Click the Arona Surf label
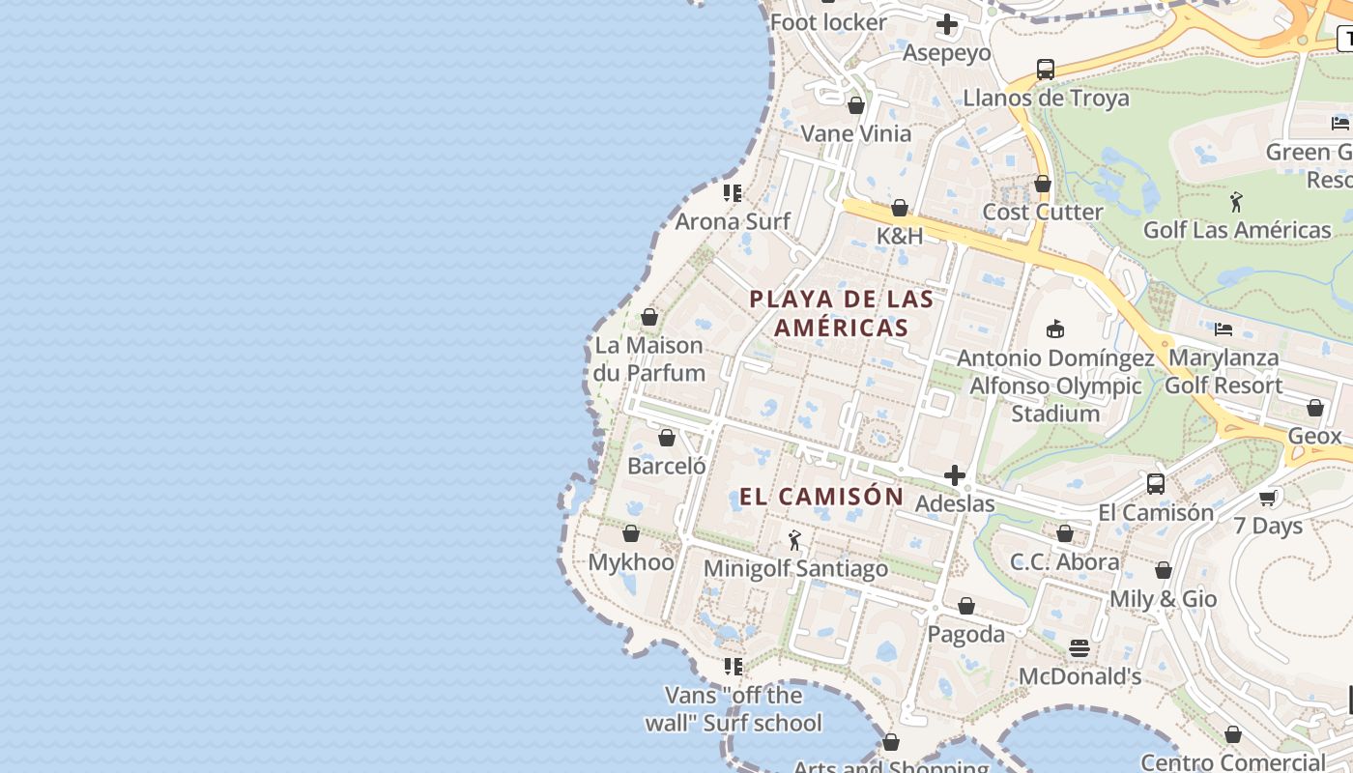click(x=733, y=221)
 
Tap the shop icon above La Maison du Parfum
click(x=649, y=317)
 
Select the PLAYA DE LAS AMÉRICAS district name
click(x=842, y=313)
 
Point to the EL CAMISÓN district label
click(x=821, y=497)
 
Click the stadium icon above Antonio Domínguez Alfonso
click(x=1055, y=329)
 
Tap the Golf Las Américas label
click(x=1237, y=230)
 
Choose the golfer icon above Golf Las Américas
click(x=1236, y=202)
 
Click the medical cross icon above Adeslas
click(x=955, y=475)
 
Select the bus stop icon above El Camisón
click(x=1156, y=484)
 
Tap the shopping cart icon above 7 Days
click(x=1268, y=498)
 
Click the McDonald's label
click(x=1080, y=676)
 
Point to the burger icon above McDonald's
click(x=1080, y=648)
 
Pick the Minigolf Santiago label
click(x=795, y=568)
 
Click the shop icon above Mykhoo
click(x=631, y=533)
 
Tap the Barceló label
click(x=667, y=466)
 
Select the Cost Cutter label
click(x=1043, y=212)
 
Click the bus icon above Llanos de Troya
click(x=1046, y=70)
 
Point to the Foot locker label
click(x=828, y=22)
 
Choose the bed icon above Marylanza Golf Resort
click(x=1223, y=329)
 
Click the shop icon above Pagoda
click(x=966, y=606)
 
